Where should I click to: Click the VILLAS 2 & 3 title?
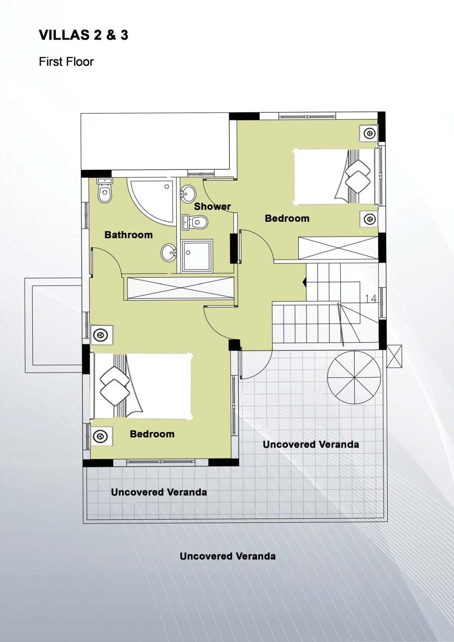83,35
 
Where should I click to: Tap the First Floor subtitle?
66,62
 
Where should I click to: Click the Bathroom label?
128,235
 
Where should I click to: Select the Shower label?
212,206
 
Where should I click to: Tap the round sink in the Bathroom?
168,252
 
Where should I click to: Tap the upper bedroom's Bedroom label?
287,218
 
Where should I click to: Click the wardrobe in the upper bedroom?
338,248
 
